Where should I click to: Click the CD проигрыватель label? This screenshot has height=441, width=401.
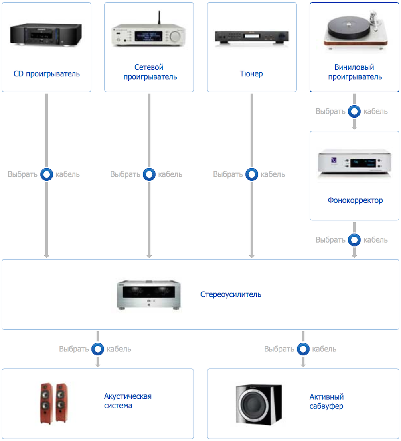point(47,73)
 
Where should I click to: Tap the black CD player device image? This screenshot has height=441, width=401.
point(46,34)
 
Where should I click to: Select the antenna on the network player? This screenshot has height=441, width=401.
point(159,18)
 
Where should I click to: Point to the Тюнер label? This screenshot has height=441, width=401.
point(251,73)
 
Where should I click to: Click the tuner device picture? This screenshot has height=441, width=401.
point(251,37)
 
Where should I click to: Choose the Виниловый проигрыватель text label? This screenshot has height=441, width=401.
point(354,72)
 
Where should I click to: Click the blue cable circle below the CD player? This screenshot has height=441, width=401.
point(47,174)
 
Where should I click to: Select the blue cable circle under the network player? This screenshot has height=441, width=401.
point(149,174)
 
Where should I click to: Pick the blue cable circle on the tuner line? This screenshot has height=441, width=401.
point(252,174)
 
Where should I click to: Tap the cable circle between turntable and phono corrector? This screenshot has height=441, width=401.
point(354,111)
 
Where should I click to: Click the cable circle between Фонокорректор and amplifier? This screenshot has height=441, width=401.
point(354,240)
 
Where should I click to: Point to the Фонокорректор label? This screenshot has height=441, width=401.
point(355,200)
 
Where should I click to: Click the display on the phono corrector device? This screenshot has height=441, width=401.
point(363,163)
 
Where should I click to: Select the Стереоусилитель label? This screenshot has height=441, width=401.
point(231,294)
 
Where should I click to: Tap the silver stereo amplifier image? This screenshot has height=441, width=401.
point(149,294)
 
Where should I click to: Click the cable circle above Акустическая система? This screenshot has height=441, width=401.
point(98,349)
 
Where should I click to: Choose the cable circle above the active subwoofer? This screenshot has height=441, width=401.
point(303,349)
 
